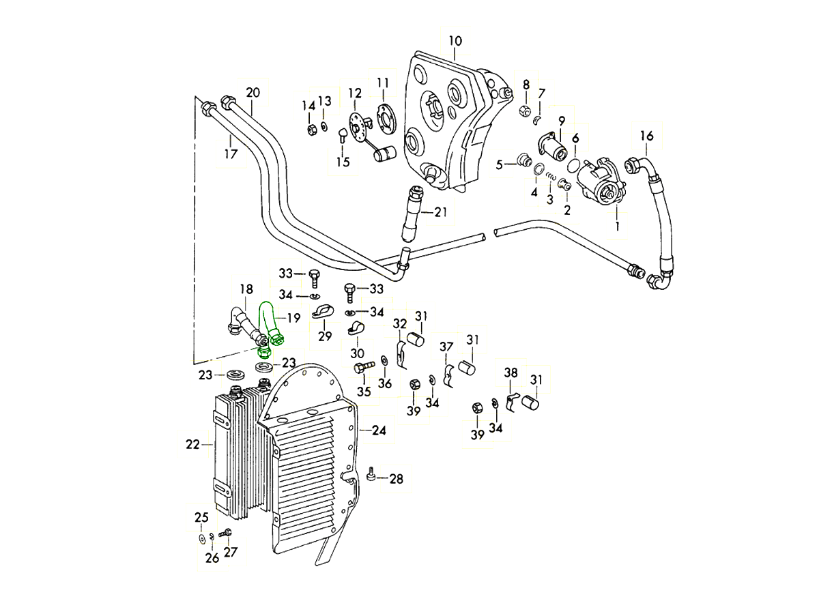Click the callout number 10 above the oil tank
455,41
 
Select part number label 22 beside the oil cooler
192,445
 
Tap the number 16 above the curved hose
646,136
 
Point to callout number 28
396,479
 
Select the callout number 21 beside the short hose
440,212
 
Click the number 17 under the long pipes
231,154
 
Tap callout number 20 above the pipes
253,92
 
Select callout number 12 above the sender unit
355,92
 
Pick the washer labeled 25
202,539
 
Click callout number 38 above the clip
511,372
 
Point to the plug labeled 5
524,161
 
